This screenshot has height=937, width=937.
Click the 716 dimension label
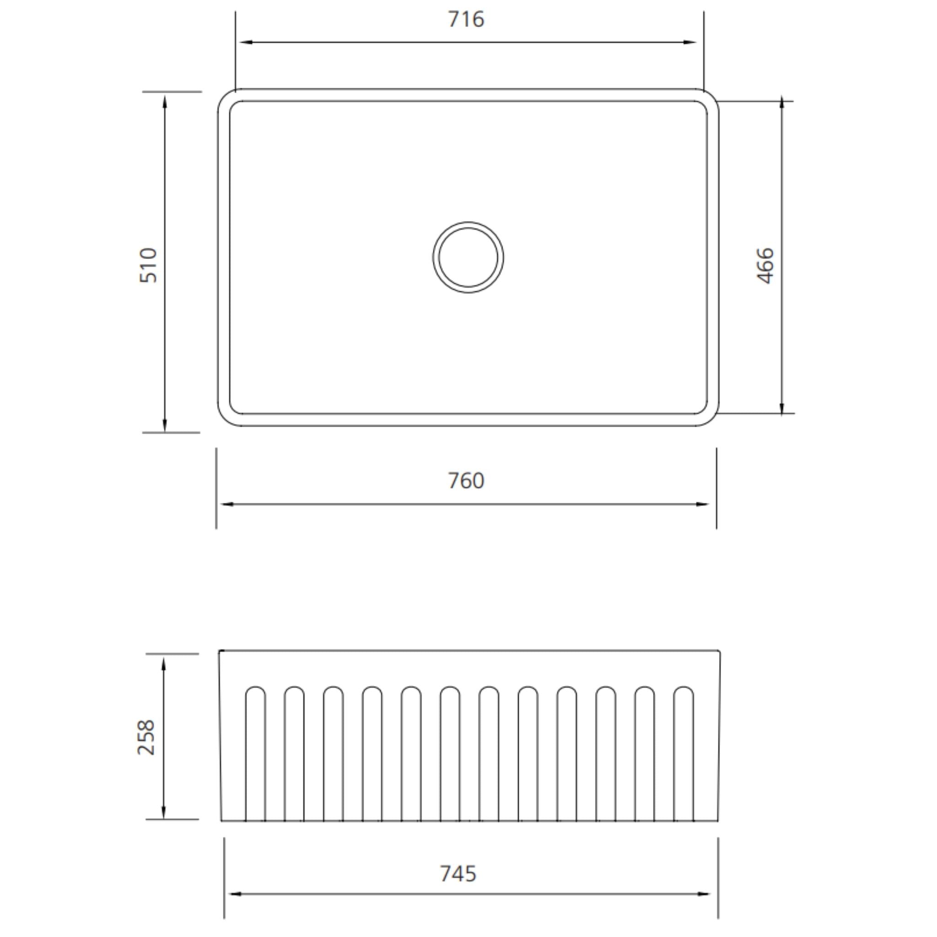(466, 19)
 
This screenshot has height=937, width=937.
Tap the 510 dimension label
(148, 265)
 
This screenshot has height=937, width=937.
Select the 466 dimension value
(765, 265)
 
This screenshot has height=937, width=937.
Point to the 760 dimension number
(466, 481)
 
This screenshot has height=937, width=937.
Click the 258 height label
(146, 737)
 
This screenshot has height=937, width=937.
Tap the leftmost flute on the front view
(255, 754)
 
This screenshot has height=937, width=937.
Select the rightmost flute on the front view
(684, 754)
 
